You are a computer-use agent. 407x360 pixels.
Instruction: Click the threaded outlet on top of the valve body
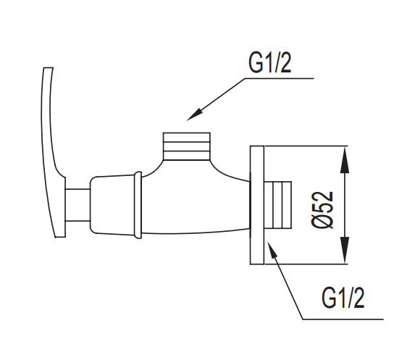click(185, 146)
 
